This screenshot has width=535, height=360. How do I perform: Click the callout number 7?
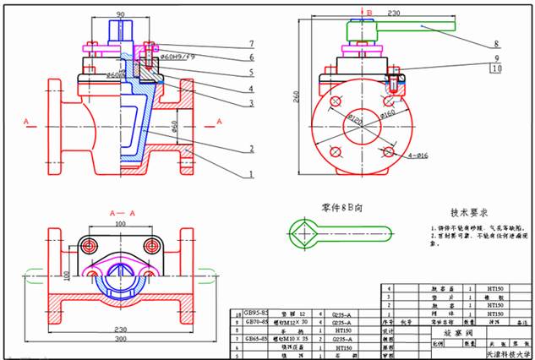pos(251,43)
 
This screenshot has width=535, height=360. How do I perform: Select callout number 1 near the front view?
pos(251,175)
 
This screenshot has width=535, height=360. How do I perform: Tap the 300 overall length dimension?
pos(119,338)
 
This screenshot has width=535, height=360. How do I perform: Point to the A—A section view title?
pos(123,215)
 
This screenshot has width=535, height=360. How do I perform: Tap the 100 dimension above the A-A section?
pos(121,223)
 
